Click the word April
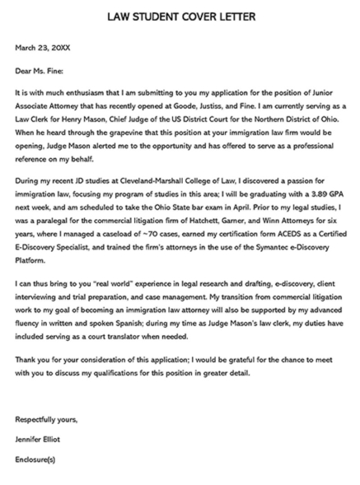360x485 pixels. point(241,202)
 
